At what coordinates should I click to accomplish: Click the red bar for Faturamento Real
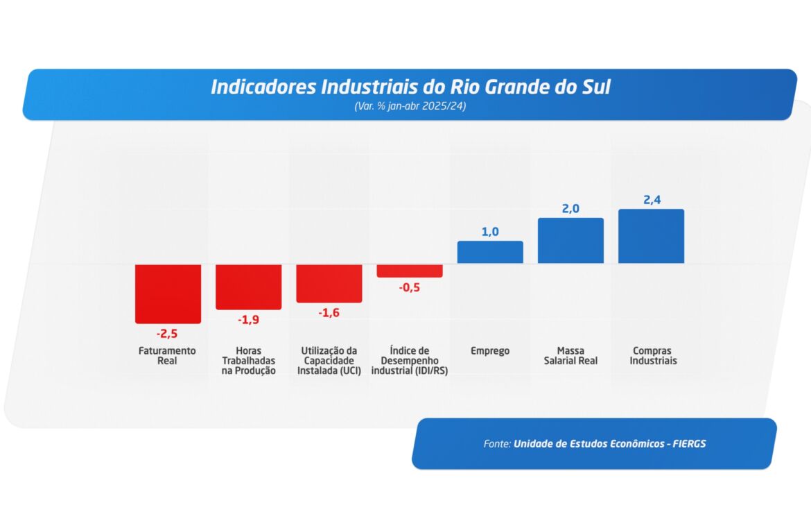(x=168, y=293)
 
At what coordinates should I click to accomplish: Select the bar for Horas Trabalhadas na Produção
(x=248, y=287)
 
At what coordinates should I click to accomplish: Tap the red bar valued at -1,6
(x=329, y=283)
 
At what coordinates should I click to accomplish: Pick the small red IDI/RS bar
(x=410, y=271)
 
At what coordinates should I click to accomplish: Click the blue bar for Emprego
(x=490, y=252)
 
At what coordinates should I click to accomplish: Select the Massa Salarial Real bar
(x=570, y=241)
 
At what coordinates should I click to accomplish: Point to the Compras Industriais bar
(x=651, y=236)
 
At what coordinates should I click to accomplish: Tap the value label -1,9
(x=248, y=320)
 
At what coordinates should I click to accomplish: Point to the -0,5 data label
(x=409, y=287)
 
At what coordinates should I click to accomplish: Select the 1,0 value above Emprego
(x=490, y=232)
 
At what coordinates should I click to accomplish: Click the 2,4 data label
(x=652, y=200)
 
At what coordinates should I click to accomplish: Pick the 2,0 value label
(x=570, y=209)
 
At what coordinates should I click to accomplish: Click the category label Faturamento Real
(x=167, y=356)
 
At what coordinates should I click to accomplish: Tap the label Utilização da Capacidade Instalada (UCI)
(x=329, y=361)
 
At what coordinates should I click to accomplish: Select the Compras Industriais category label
(x=653, y=356)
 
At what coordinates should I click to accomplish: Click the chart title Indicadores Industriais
(x=410, y=87)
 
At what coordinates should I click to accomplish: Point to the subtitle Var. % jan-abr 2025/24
(x=410, y=107)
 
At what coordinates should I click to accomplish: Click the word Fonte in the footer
(x=497, y=443)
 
